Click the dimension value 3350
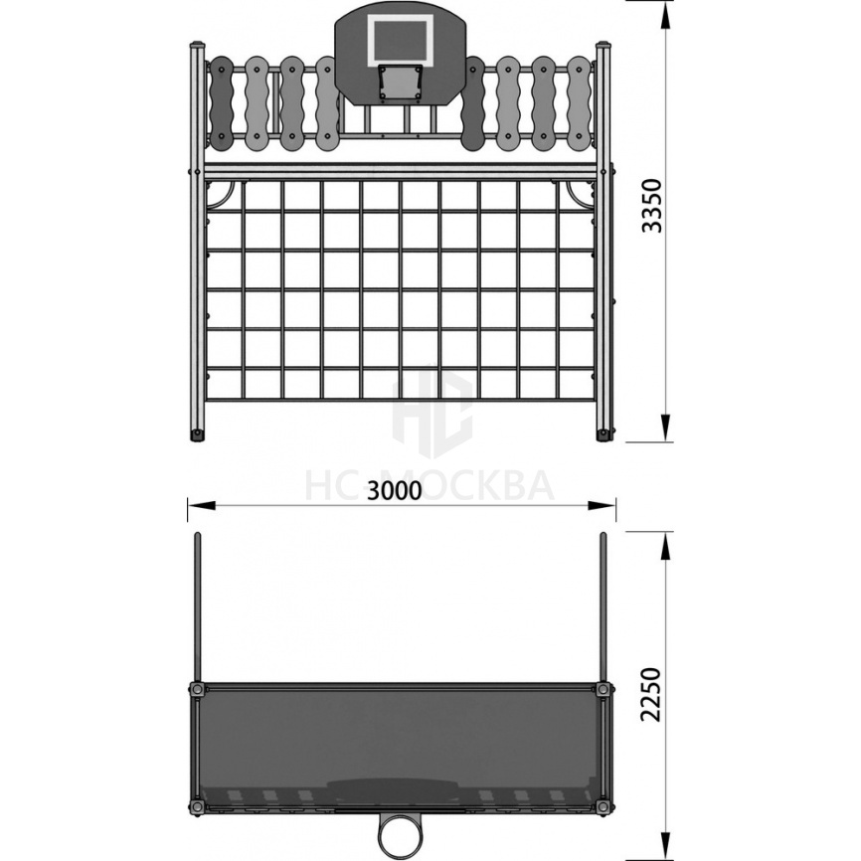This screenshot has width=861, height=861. pos(652,206)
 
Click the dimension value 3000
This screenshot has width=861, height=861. pos(395,490)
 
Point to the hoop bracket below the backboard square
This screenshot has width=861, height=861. pos(401,83)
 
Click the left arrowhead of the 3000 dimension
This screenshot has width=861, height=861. pos(202,505)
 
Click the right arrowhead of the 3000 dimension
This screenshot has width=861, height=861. pos(602,505)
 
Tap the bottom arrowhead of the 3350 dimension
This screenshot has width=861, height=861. pos(665,428)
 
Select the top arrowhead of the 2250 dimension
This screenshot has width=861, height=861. pos(665,546)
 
